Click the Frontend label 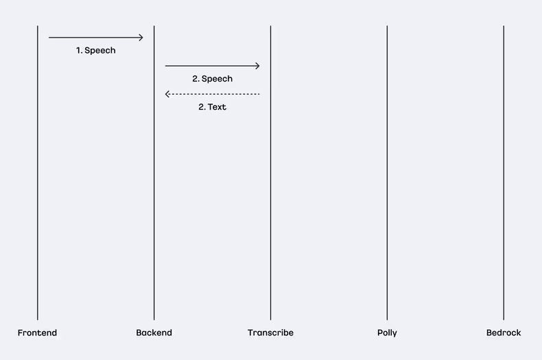point(37,333)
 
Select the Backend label point(154,333)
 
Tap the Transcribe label point(270,333)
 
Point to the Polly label point(387,333)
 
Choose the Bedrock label point(504,333)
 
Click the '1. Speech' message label point(96,51)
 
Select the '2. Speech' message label point(212,79)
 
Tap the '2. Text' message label point(212,107)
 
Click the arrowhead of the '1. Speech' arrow point(141,37)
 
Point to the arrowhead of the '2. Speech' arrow point(258,66)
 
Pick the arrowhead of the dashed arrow point(167,94)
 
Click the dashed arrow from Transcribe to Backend point(212,94)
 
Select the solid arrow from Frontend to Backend point(96,37)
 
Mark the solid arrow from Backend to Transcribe point(212,66)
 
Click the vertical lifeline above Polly point(387,173)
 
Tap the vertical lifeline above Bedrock point(504,173)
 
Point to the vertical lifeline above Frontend point(38,173)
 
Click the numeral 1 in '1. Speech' point(78,51)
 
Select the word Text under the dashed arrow point(217,107)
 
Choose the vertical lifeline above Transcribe point(270,173)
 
